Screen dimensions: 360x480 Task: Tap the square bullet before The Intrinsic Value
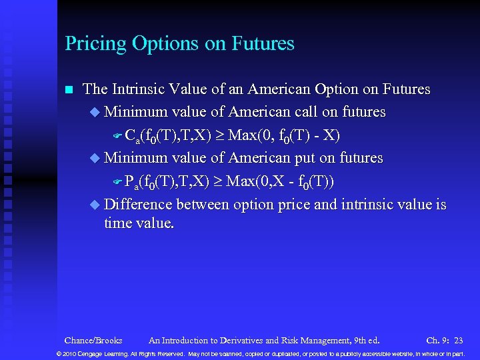[x=67, y=89]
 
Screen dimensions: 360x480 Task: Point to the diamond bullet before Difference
[x=94, y=205]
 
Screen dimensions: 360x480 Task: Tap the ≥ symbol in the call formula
[x=218, y=136]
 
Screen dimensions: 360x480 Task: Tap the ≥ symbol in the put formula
[x=218, y=182]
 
